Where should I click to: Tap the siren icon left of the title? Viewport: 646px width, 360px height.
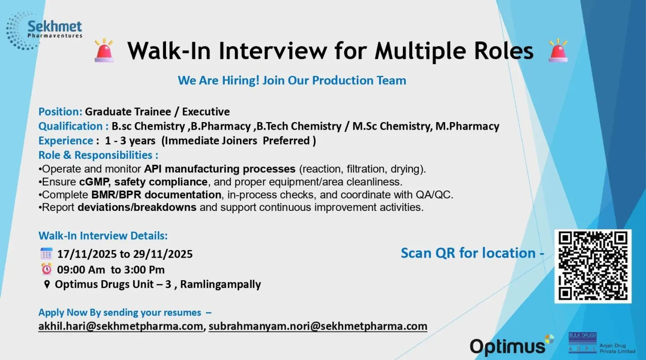point(105,50)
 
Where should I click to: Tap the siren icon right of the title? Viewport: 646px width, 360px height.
point(558,50)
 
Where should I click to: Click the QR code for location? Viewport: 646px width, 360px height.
point(593,266)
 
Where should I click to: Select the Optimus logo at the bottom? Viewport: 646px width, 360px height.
point(511,346)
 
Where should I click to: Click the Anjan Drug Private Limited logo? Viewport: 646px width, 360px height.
point(602,343)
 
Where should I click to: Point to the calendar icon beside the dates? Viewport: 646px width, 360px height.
point(47,254)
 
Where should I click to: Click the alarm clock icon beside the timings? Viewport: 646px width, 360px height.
point(47,269)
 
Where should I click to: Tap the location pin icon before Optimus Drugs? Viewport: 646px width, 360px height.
point(47,285)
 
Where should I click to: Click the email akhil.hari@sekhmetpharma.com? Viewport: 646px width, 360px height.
point(121,326)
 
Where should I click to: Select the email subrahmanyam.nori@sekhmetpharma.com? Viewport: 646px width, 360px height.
point(318,326)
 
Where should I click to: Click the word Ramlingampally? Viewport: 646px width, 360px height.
point(220,285)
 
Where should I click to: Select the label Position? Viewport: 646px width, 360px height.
point(60,112)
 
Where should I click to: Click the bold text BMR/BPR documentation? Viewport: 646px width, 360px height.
point(156,195)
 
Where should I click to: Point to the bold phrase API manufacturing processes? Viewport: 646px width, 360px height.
point(219,169)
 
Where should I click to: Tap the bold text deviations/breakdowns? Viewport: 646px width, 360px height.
point(137,207)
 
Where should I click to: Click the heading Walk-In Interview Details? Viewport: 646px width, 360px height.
point(103,236)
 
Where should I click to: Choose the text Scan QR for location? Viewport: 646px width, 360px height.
point(469,253)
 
